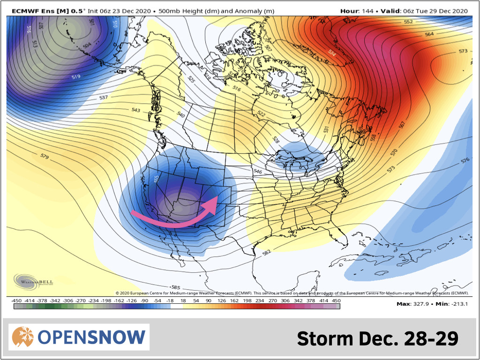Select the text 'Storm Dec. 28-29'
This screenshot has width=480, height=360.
coord(377,338)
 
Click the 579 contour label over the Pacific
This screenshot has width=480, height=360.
coord(45,156)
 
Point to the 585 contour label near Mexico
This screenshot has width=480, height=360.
coord(176,287)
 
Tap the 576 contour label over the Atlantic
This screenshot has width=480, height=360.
coord(465,160)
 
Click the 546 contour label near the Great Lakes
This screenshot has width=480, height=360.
coord(257,172)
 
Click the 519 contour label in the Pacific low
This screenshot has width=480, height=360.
coord(76,76)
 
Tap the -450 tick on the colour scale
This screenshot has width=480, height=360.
coord(17,300)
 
